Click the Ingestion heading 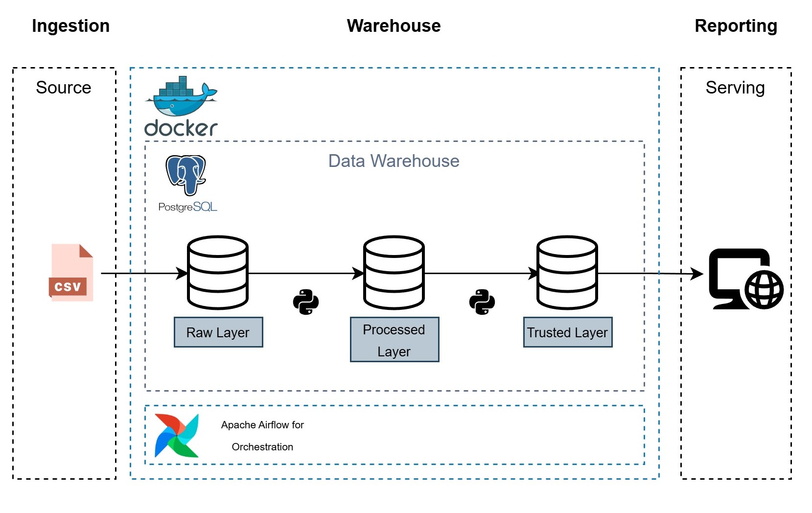(x=70, y=26)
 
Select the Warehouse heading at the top (x=394, y=26)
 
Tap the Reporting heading (x=736, y=26)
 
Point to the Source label (x=64, y=88)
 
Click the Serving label (x=735, y=88)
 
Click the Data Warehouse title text (x=394, y=161)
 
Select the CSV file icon (x=71, y=273)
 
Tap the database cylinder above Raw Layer (x=218, y=273)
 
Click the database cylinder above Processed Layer (x=394, y=273)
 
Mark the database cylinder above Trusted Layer (x=567, y=273)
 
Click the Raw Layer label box (x=218, y=332)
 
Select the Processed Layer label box (x=394, y=340)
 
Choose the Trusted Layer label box (x=567, y=332)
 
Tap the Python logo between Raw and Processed (x=306, y=302)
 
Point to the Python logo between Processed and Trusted (x=482, y=302)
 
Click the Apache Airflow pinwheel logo (x=177, y=435)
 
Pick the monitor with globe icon (x=745, y=279)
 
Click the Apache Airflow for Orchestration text (x=262, y=436)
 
